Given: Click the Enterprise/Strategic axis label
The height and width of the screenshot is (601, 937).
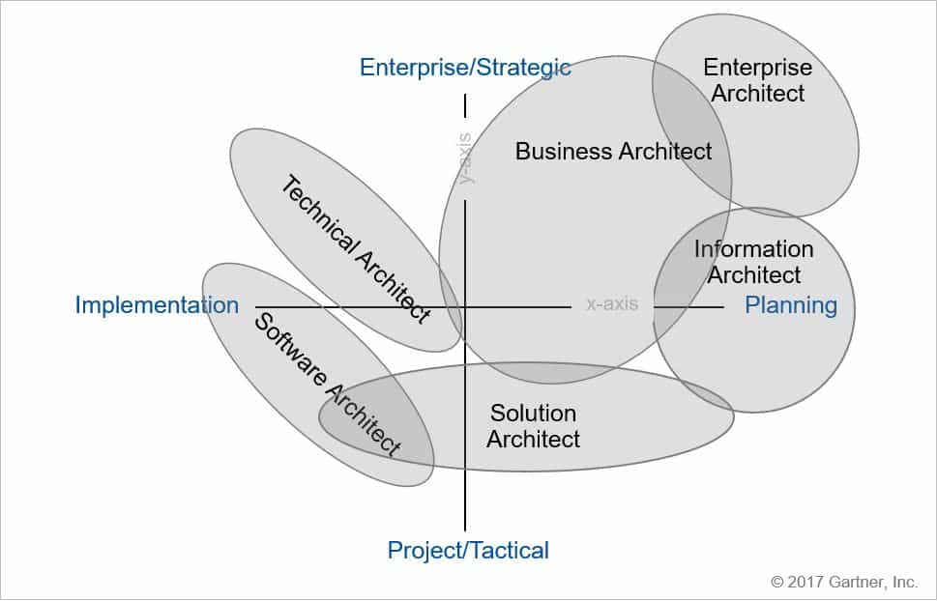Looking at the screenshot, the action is coord(465,68).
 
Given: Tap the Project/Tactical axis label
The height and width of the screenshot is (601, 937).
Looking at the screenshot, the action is coord(468,550).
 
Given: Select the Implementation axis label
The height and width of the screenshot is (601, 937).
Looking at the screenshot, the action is coord(157,305).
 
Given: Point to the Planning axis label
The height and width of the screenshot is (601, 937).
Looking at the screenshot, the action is coord(791,305).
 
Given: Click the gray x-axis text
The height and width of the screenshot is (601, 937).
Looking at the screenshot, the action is coord(612,303).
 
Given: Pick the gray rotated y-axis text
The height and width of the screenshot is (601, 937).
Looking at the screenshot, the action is coord(464,158).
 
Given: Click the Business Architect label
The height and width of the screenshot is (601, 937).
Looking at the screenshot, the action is coord(613,151).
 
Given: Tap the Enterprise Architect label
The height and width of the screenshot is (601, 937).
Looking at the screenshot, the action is coord(758,80).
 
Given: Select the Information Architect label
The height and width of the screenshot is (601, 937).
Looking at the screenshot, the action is coord(753,262).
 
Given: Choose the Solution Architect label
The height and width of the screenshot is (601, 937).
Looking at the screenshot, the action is coord(533,426).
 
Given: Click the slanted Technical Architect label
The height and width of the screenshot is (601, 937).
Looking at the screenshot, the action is coord(356,249).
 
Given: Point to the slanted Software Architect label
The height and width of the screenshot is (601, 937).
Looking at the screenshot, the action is coord(328,385).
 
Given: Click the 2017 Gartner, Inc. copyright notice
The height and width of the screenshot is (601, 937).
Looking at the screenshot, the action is coord(844,582).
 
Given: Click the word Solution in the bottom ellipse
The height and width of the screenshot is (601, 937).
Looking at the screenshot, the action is coord(533,414).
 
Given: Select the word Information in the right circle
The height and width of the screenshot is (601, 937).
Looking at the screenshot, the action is coord(753,249).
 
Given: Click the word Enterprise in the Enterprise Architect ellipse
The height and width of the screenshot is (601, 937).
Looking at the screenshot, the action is coord(758,68).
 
